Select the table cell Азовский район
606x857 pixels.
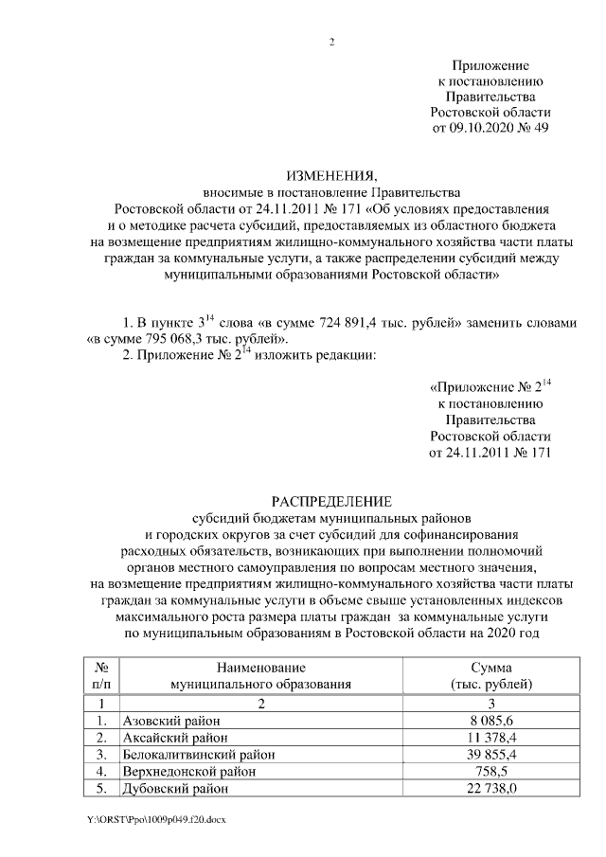[x=166, y=721]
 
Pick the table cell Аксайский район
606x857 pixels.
[x=169, y=738]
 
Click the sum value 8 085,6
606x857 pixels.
[x=492, y=721]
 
